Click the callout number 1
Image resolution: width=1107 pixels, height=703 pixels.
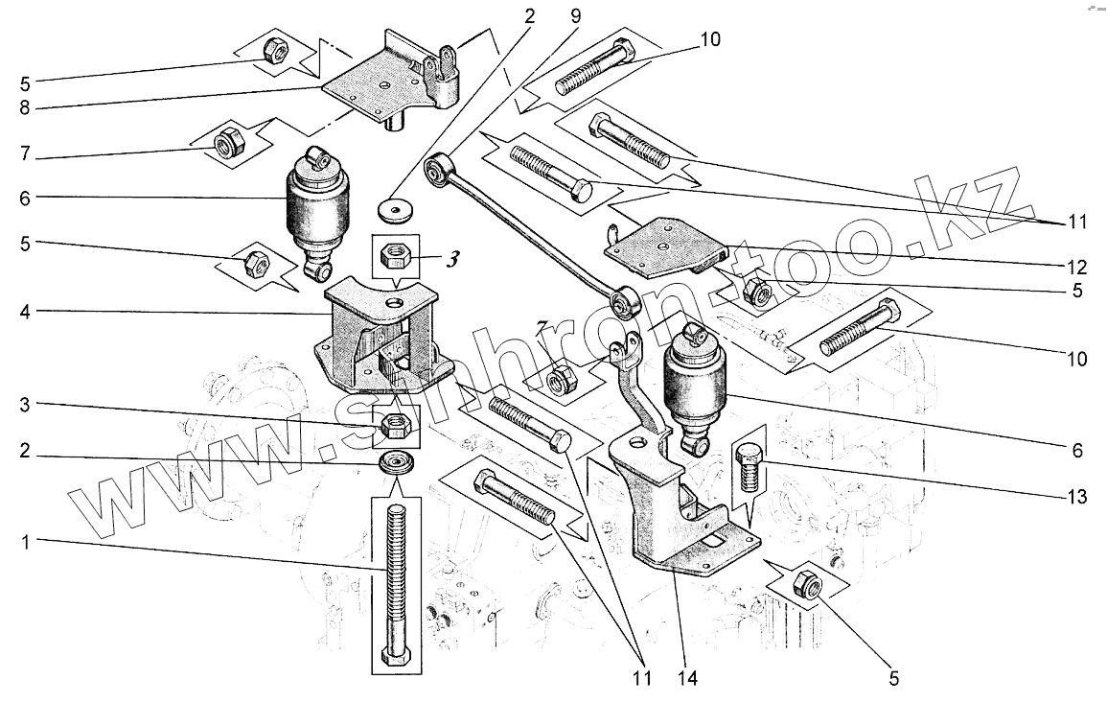[x=26, y=543]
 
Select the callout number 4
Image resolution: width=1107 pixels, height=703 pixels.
[x=26, y=312]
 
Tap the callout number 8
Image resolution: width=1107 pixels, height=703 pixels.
[x=26, y=108]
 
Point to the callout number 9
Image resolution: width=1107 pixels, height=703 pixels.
[x=576, y=16]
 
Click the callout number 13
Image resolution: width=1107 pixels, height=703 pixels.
[x=1077, y=498]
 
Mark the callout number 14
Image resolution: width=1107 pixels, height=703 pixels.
[x=687, y=678]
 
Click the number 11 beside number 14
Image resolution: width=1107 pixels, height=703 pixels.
[x=641, y=678]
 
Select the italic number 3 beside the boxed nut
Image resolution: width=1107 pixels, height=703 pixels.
[x=452, y=259]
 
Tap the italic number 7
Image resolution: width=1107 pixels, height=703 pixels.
[x=542, y=326]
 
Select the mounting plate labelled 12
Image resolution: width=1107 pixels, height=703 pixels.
[x=665, y=248]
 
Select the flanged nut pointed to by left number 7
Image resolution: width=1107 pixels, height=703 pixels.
[x=229, y=140]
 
